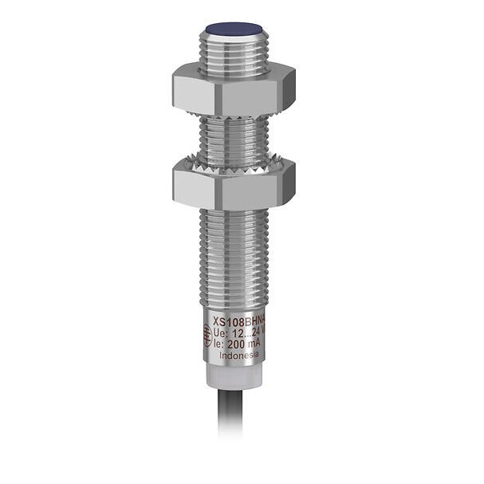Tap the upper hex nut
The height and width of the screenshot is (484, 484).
pos(231,89)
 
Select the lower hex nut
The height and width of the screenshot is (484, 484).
pos(231,184)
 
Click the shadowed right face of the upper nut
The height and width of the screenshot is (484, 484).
pos(283,89)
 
